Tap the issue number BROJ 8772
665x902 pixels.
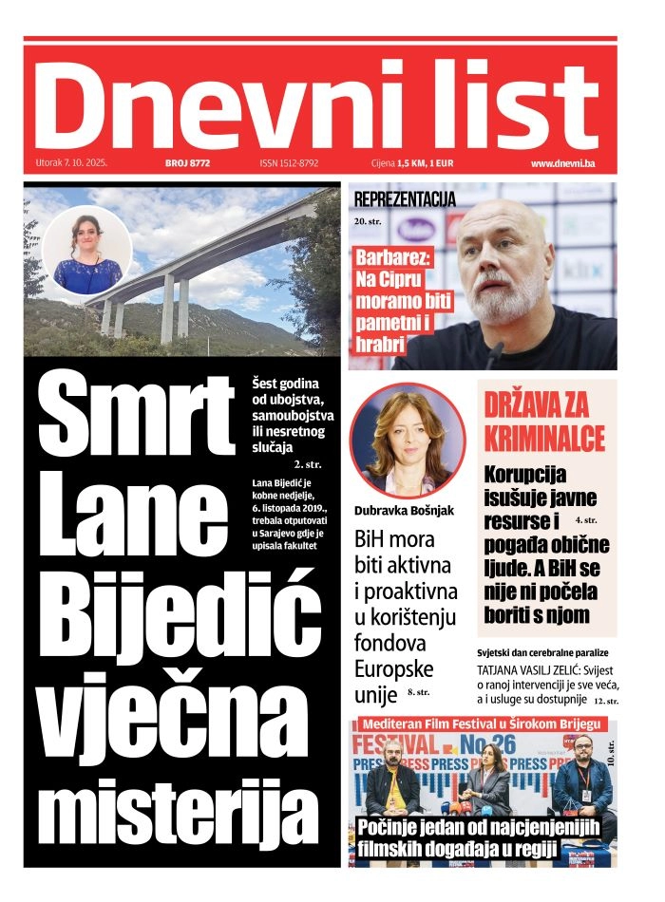[x=186, y=163]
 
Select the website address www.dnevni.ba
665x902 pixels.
[x=562, y=163]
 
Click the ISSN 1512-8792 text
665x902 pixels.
[x=289, y=163]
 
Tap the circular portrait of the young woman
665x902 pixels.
[x=86, y=252]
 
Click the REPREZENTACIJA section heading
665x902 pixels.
[x=405, y=199]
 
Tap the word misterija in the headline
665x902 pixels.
[x=182, y=810]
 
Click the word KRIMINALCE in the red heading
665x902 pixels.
[x=544, y=439]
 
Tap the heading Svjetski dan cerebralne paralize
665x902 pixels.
[x=542, y=653]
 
